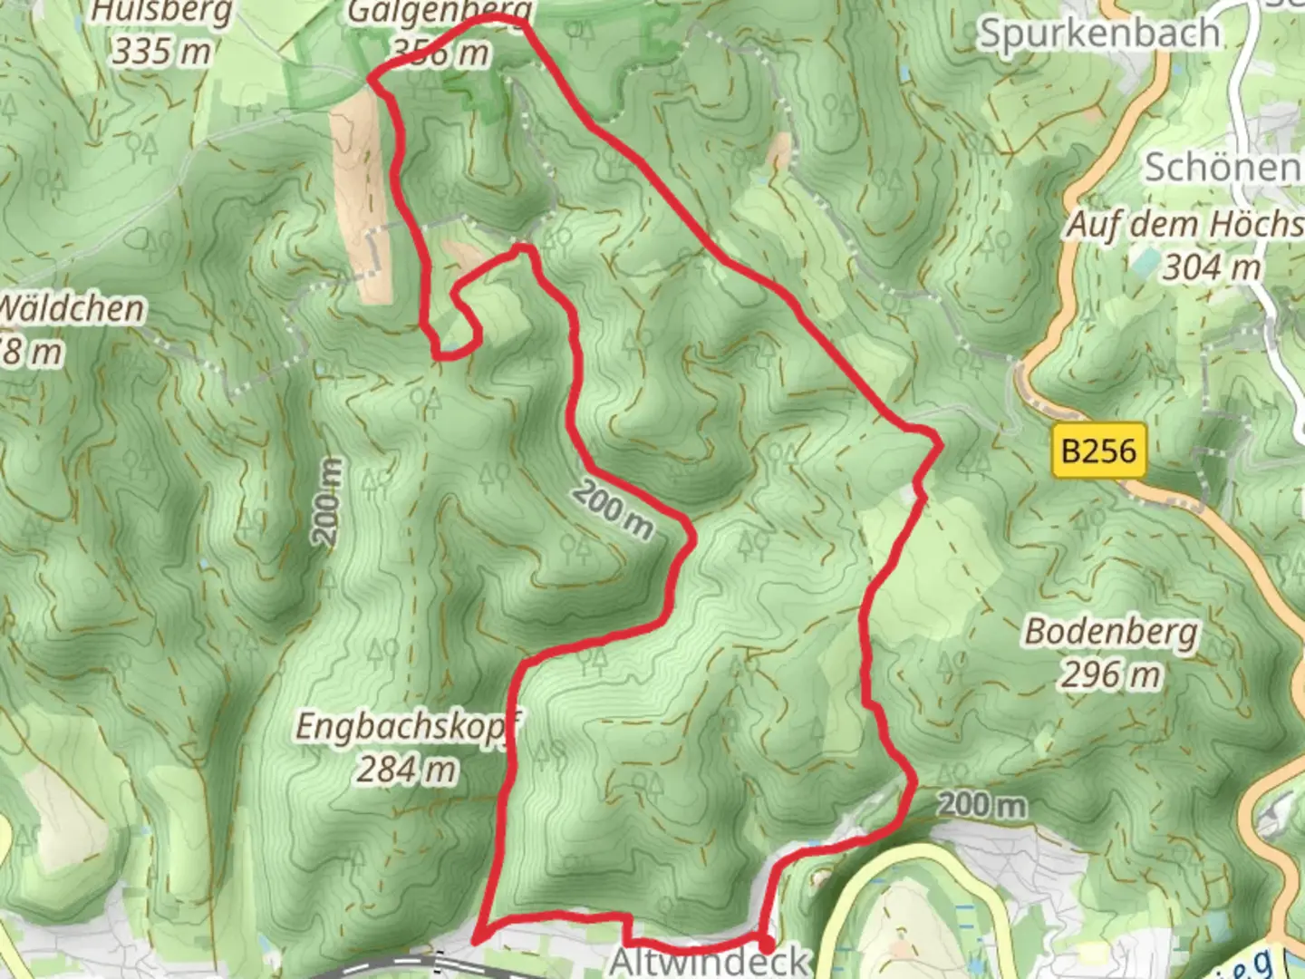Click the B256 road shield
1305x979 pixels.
(1098, 450)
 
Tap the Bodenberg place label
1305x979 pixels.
(1111, 632)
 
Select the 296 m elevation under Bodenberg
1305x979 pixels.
(1110, 675)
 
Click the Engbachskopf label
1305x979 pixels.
(410, 727)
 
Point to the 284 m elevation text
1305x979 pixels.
(406, 771)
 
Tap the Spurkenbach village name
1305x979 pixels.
(1099, 34)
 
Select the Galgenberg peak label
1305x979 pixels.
(440, 13)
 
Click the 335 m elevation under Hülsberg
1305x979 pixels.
(161, 52)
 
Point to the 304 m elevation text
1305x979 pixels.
(1212, 267)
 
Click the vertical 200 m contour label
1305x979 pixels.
(329, 501)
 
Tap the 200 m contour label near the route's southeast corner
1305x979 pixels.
(982, 804)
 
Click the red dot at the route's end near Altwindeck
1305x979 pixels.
(766, 944)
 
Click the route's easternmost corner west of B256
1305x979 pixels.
(939, 443)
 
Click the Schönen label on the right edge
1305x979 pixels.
(1222, 168)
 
